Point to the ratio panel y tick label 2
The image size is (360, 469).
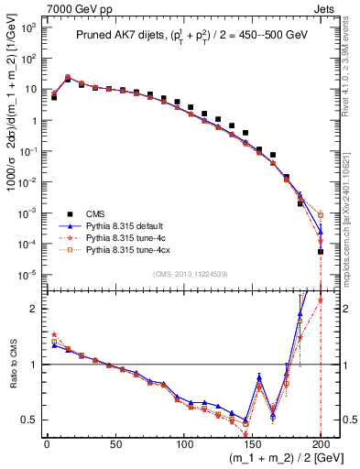35,309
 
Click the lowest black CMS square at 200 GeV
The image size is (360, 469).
321,251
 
